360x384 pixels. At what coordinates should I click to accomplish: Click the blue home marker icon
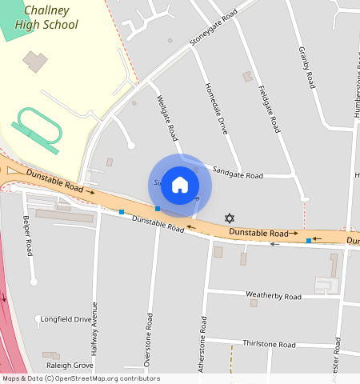click(x=180, y=185)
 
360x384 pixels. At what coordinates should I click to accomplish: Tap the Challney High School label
click(x=50, y=18)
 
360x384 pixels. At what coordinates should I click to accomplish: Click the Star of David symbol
click(x=230, y=218)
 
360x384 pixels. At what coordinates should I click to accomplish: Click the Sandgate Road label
click(x=238, y=175)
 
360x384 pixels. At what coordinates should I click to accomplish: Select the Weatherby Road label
click(x=274, y=296)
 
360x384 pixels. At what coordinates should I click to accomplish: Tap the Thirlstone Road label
click(x=270, y=343)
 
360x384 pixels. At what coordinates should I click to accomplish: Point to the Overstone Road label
click(x=149, y=340)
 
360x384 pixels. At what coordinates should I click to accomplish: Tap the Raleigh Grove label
click(x=70, y=365)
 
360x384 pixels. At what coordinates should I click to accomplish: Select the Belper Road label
click(x=29, y=236)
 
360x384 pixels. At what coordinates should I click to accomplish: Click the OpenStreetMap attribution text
click(x=81, y=378)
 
